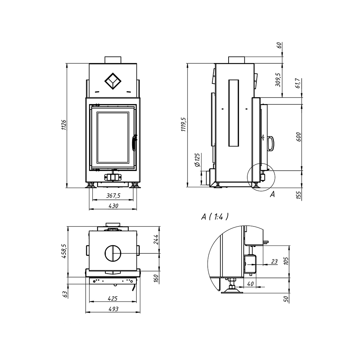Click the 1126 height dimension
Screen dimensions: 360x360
(x=64, y=125)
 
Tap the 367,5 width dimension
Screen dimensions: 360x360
(x=113, y=195)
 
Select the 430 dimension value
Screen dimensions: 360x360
(x=113, y=206)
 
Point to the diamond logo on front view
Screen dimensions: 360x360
(x=113, y=81)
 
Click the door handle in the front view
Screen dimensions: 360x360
(x=134, y=143)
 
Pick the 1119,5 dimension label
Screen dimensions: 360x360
(x=184, y=124)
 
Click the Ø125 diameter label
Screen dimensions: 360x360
(x=197, y=160)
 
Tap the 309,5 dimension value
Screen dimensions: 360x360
(x=278, y=80)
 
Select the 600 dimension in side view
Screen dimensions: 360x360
(x=298, y=137)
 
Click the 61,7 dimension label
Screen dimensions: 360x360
(x=298, y=83)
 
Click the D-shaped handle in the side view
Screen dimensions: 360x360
(x=271, y=144)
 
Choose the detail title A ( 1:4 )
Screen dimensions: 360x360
(x=215, y=216)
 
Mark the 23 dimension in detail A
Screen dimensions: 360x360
(x=274, y=261)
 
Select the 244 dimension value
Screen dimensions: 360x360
(x=156, y=239)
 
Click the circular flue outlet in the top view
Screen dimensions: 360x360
(x=113, y=253)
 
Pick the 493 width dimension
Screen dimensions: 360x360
(x=113, y=309)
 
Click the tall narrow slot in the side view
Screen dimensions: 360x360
(x=234, y=113)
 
